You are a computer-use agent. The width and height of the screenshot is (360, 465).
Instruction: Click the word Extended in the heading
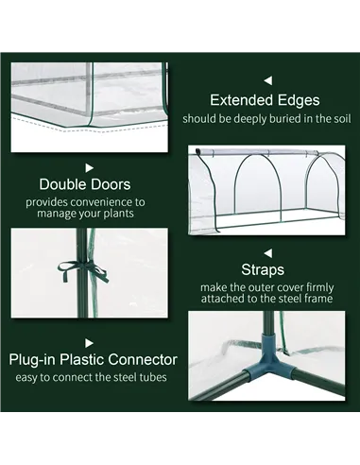(x=239, y=100)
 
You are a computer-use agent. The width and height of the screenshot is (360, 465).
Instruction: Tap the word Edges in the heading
(x=297, y=100)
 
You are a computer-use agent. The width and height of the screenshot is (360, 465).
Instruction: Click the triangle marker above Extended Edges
(x=267, y=80)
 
